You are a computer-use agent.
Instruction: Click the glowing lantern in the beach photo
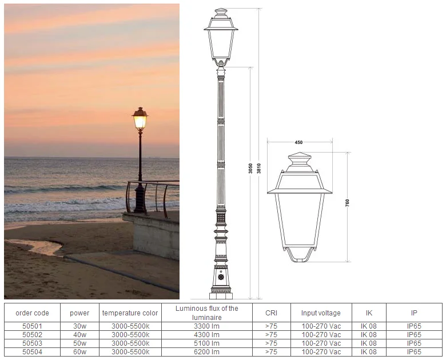tap(140, 119)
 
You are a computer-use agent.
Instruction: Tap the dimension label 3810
tap(259, 169)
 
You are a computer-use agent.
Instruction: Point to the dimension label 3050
tap(250, 169)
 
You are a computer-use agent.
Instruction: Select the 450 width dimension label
tap(298, 142)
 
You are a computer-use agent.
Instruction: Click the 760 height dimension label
tap(347, 203)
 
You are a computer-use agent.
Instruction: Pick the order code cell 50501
tap(32, 326)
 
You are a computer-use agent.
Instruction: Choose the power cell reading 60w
tap(79, 352)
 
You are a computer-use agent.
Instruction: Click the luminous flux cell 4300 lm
tap(207, 335)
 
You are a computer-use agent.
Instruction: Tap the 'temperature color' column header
tap(130, 313)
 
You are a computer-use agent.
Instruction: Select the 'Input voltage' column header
tap(321, 313)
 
